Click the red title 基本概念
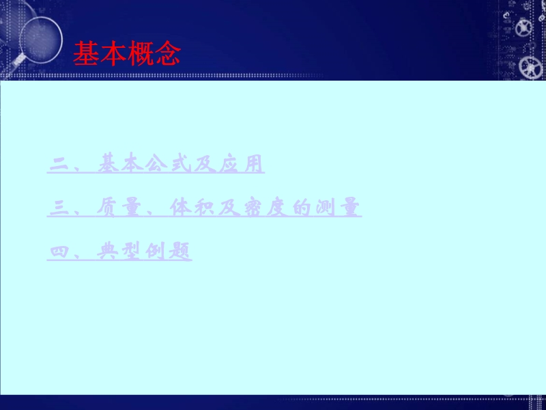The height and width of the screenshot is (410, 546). pos(127,53)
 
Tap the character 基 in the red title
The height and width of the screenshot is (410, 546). pos(87,53)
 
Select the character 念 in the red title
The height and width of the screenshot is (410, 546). pos(168,53)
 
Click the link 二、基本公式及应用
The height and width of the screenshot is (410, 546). pos(156,163)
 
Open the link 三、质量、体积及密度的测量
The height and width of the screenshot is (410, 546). pos(204,207)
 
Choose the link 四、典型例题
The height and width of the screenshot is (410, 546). pos(119,251)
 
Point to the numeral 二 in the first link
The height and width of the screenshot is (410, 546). pos(59,164)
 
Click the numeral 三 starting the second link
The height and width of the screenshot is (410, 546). pos(59,208)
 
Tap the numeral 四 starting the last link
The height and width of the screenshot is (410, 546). pos(59,251)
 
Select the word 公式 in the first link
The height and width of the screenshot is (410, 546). pos(168,163)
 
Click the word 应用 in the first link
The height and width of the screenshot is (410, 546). pos(241,163)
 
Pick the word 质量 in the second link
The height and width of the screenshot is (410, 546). pos(118,207)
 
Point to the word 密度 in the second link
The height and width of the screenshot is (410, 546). pos(265,207)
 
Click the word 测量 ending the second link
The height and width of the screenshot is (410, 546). pos(338,207)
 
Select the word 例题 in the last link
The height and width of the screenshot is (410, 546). pos(168,251)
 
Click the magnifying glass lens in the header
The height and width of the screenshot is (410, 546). pos(41,40)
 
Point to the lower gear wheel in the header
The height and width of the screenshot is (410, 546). pos(530,66)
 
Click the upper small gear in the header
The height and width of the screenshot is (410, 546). pos(523,28)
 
